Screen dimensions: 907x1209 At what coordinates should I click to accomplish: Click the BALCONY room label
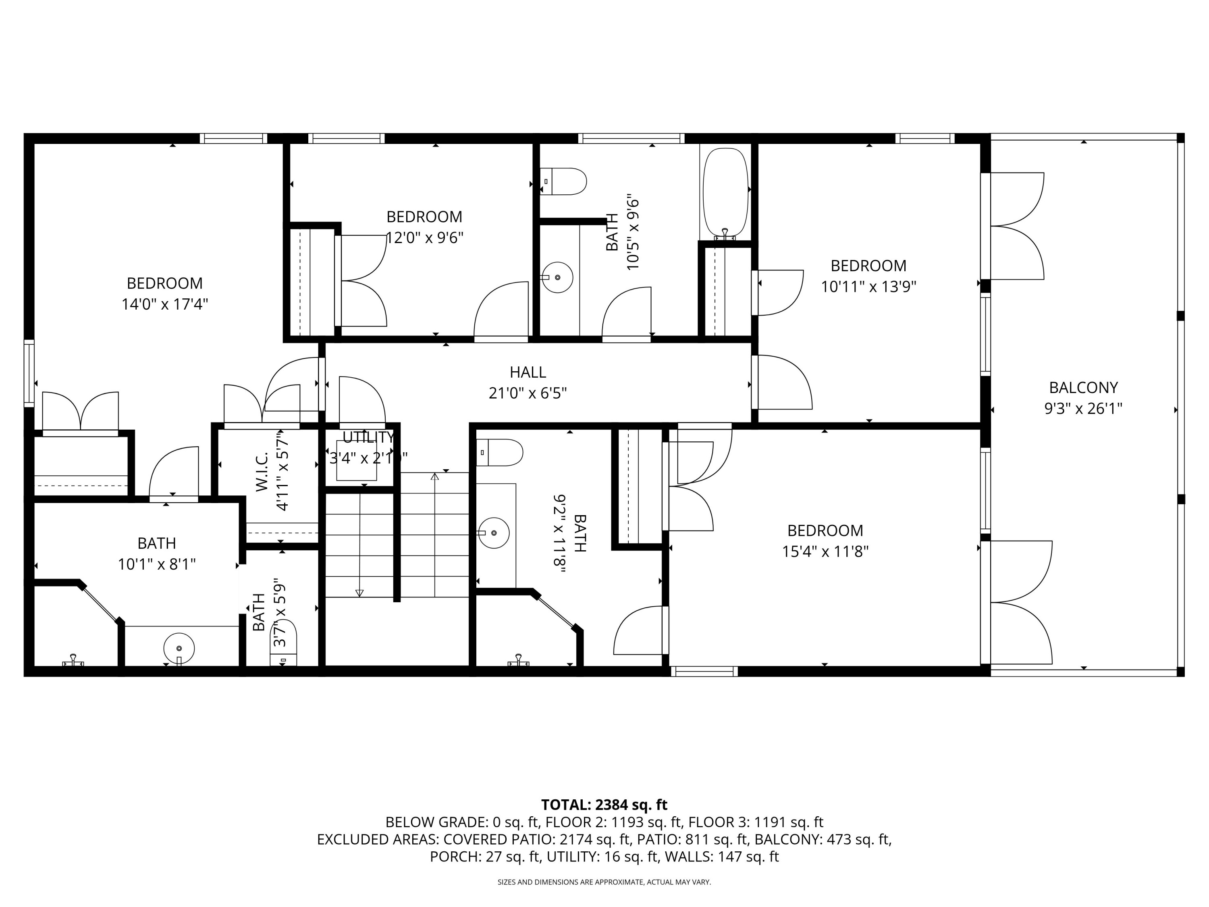1083,388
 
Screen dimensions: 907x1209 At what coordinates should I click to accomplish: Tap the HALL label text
528,372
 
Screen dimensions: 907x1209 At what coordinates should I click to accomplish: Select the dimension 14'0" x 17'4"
164,304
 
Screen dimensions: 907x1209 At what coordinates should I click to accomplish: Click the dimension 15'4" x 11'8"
825,551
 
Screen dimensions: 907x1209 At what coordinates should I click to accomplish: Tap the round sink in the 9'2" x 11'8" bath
494,533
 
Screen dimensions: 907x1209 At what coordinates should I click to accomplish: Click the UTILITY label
368,437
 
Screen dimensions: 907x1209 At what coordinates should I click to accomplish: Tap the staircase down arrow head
359,593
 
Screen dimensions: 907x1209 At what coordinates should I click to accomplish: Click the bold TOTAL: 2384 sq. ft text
604,805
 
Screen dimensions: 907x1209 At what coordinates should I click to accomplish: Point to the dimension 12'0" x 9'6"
425,238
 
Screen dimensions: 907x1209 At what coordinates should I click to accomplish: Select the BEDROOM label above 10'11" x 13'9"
868,266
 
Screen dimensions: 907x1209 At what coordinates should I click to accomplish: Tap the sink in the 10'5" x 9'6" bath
557,277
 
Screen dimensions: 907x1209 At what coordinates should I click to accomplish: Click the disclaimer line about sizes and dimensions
604,882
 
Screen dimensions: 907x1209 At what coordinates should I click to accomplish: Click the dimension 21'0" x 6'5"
528,393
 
